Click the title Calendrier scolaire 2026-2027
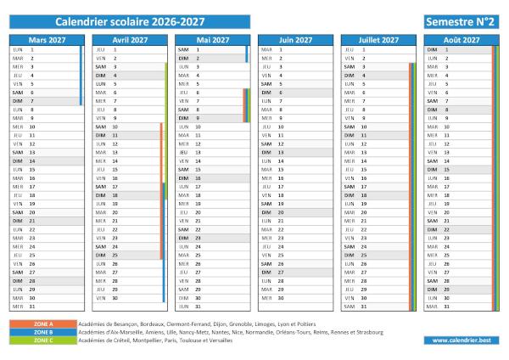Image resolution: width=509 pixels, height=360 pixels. click(130, 20)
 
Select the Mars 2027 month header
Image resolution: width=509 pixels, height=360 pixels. click(47, 40)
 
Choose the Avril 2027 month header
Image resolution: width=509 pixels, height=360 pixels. click(130, 40)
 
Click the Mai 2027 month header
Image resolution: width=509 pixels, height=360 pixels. click(212, 40)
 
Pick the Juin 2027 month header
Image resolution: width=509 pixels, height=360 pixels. click(295, 40)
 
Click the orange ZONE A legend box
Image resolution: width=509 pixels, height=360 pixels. click(43, 324)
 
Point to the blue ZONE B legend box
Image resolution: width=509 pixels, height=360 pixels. click(43, 332)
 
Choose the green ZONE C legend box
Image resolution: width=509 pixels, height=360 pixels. click(43, 340)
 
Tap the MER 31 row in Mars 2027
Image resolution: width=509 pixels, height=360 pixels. click(44, 307)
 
